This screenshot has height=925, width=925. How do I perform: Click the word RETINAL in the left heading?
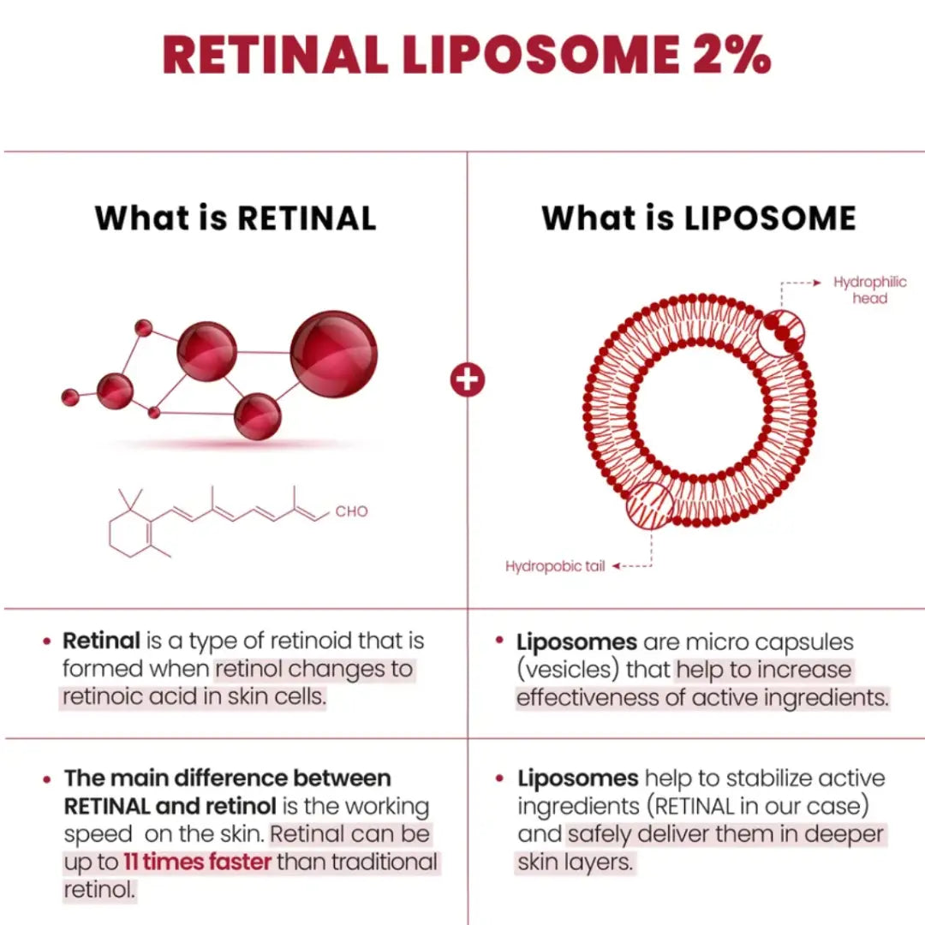tap(306, 218)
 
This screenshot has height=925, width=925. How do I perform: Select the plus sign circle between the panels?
tap(467, 379)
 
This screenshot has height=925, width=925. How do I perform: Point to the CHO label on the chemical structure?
tap(351, 511)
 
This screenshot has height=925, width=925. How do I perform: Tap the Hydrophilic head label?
tap(869, 290)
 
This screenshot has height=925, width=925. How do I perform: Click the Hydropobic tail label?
tap(555, 566)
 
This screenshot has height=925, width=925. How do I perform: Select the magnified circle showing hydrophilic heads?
tap(781, 332)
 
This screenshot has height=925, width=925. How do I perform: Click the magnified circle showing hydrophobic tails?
tap(650, 505)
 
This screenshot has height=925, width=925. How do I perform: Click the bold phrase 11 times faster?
tap(197, 862)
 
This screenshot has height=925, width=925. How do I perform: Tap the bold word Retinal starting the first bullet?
tap(101, 641)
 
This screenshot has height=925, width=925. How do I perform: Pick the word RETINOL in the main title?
tap(274, 56)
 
